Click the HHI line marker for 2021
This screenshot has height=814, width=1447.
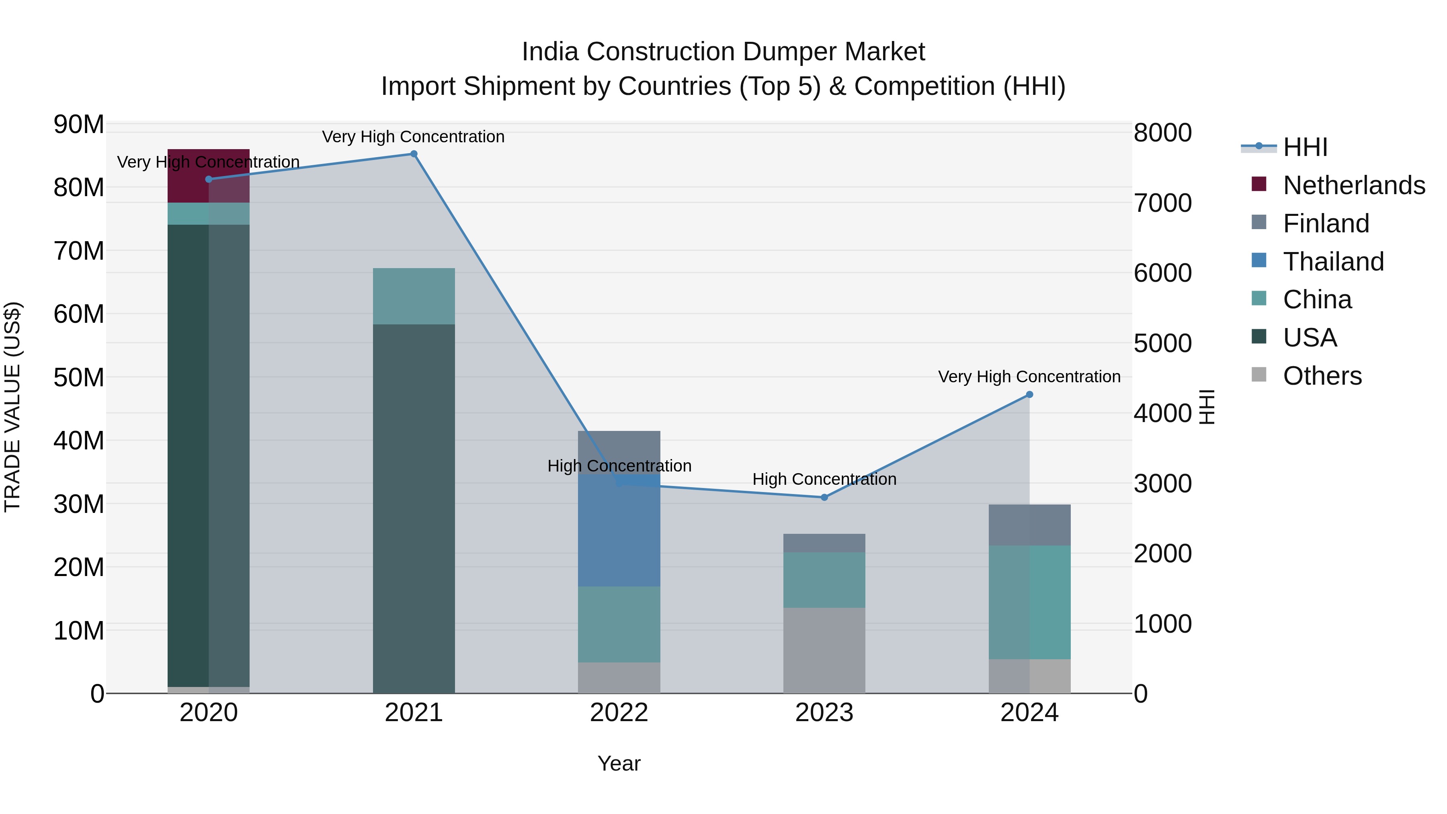point(414,154)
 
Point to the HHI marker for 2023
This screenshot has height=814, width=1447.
point(824,497)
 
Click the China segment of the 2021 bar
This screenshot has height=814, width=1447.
point(414,296)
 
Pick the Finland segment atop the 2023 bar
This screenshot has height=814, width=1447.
point(824,543)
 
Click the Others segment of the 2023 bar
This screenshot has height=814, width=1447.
point(824,650)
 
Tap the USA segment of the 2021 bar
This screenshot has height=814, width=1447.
point(414,508)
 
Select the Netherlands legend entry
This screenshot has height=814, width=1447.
point(1354,185)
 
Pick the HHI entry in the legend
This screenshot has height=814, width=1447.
point(1305,147)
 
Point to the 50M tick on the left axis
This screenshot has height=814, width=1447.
point(79,377)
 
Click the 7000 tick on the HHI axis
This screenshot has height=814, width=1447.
point(1162,203)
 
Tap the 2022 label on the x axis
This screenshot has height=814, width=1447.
point(619,713)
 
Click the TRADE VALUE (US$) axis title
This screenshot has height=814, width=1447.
point(12,407)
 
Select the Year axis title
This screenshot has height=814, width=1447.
point(619,763)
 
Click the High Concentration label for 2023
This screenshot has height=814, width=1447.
point(824,479)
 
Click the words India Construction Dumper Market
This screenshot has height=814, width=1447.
point(723,52)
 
